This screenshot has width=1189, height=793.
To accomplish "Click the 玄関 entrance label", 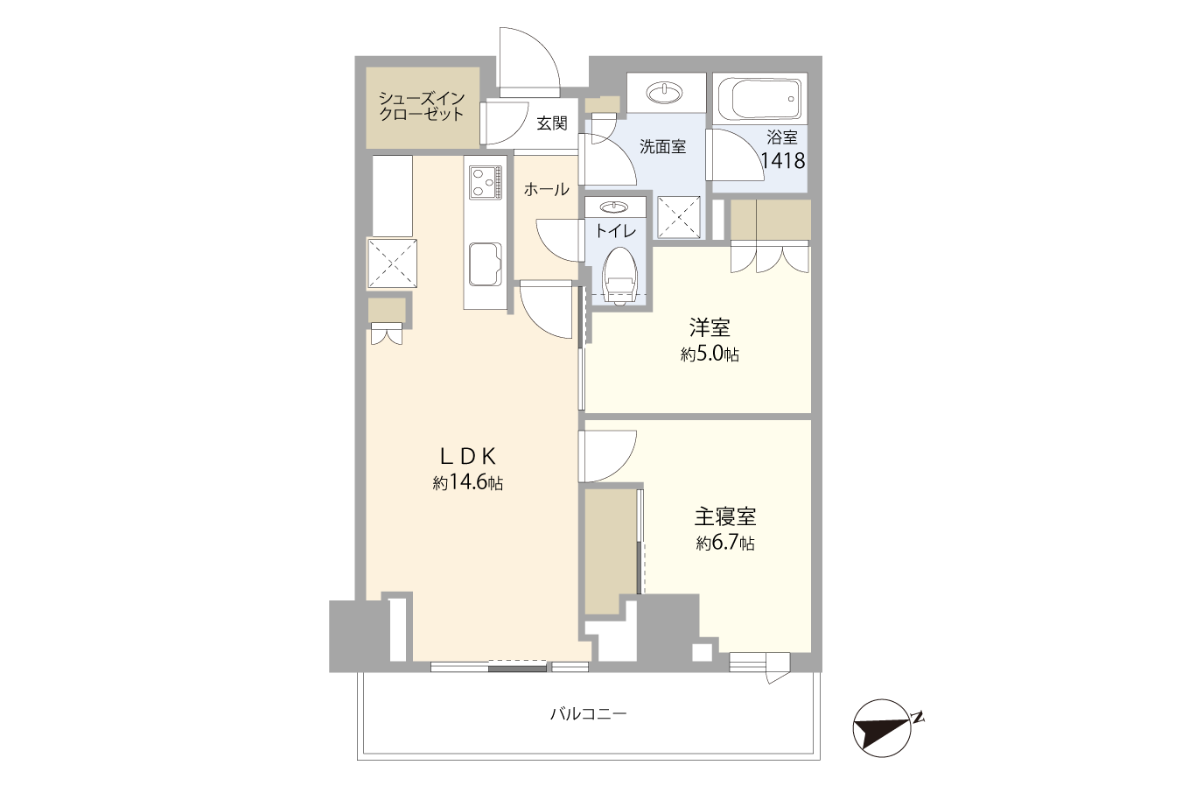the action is click(x=552, y=123).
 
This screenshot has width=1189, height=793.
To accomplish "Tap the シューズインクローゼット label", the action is click(x=422, y=106).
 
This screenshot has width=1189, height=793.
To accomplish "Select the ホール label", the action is click(x=546, y=189).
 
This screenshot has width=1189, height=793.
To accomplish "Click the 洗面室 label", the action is click(x=662, y=146).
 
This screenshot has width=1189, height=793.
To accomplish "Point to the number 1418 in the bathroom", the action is click(x=783, y=160).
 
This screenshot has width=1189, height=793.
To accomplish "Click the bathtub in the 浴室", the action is click(x=760, y=99).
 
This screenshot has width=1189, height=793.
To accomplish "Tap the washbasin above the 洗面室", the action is click(x=665, y=93).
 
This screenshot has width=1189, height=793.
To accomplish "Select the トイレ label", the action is click(x=615, y=231).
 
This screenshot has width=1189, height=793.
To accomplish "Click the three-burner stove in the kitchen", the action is click(x=486, y=182).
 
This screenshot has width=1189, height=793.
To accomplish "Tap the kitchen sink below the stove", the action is click(x=486, y=264).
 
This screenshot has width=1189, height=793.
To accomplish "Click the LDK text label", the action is click(x=467, y=456).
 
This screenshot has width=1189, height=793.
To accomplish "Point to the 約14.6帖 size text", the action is click(x=467, y=482).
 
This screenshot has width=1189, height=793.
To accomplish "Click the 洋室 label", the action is click(x=710, y=327).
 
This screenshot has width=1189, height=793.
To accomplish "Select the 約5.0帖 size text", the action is click(x=710, y=354).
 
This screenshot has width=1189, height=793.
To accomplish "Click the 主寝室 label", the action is click(x=725, y=516).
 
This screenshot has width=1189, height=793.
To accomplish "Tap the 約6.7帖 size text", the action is click(x=725, y=543).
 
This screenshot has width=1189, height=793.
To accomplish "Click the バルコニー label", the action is click(x=588, y=713).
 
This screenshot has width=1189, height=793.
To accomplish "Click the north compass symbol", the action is click(x=883, y=727).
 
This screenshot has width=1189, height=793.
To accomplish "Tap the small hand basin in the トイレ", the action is click(x=615, y=206).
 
